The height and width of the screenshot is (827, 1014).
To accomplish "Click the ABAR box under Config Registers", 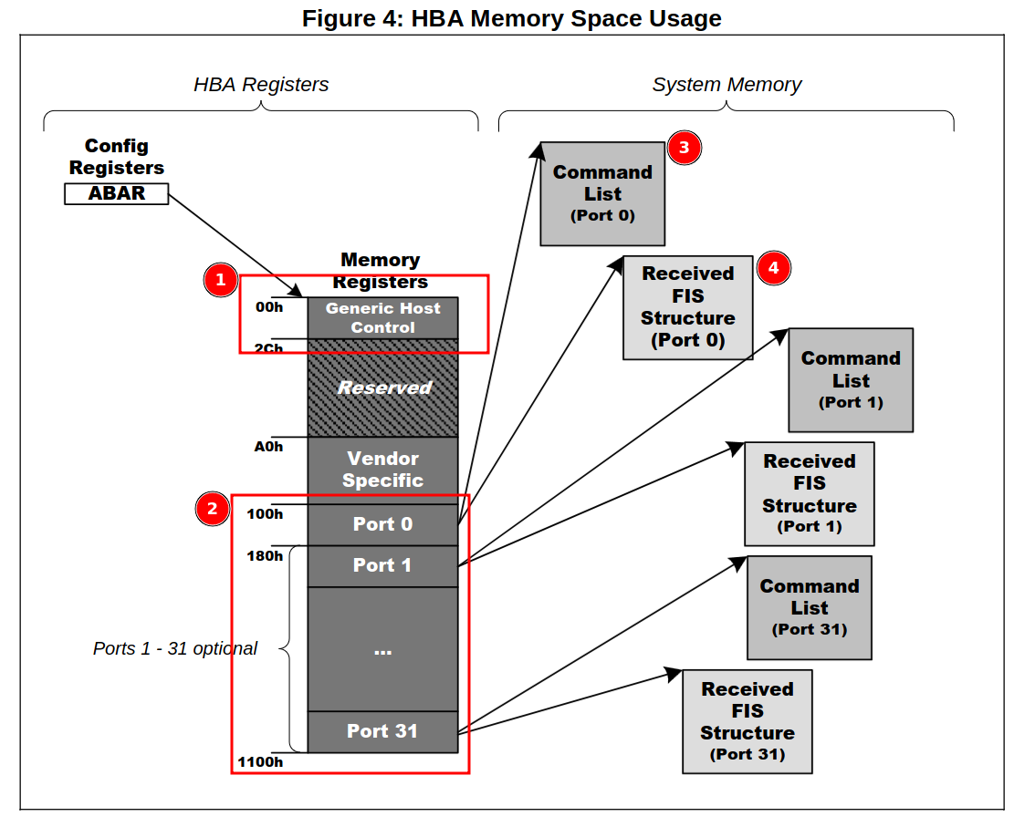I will click(x=117, y=193).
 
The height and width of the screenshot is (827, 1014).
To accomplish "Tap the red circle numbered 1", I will click(x=219, y=280).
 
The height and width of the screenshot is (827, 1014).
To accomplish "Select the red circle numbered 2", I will click(x=213, y=509).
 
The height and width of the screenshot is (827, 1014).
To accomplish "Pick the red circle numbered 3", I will click(x=684, y=148).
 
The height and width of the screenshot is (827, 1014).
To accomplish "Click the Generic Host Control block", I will click(x=382, y=318).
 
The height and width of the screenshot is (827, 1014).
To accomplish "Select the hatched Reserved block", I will click(x=382, y=388).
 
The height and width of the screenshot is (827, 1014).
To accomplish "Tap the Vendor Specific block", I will click(x=382, y=470).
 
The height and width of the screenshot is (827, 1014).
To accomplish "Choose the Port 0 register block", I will click(x=382, y=524).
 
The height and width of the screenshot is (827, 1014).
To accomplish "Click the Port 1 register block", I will click(x=382, y=565).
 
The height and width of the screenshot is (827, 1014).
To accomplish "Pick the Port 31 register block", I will click(x=382, y=731).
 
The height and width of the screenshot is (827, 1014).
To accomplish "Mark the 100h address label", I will click(x=265, y=514).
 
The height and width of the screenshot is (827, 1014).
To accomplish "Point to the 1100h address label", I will click(x=260, y=761).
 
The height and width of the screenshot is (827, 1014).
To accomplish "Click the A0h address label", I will click(x=268, y=447).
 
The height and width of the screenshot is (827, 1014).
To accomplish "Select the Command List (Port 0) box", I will click(x=602, y=193).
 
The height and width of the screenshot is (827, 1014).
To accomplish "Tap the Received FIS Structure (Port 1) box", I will click(x=810, y=493).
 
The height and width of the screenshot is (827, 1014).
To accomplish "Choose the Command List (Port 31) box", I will click(x=810, y=607).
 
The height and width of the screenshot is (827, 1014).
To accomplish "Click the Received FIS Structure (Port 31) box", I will click(x=747, y=721).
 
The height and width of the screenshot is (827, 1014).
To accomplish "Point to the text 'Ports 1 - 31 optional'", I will click(x=175, y=648).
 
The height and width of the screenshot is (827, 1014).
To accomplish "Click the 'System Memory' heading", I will click(x=727, y=85).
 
